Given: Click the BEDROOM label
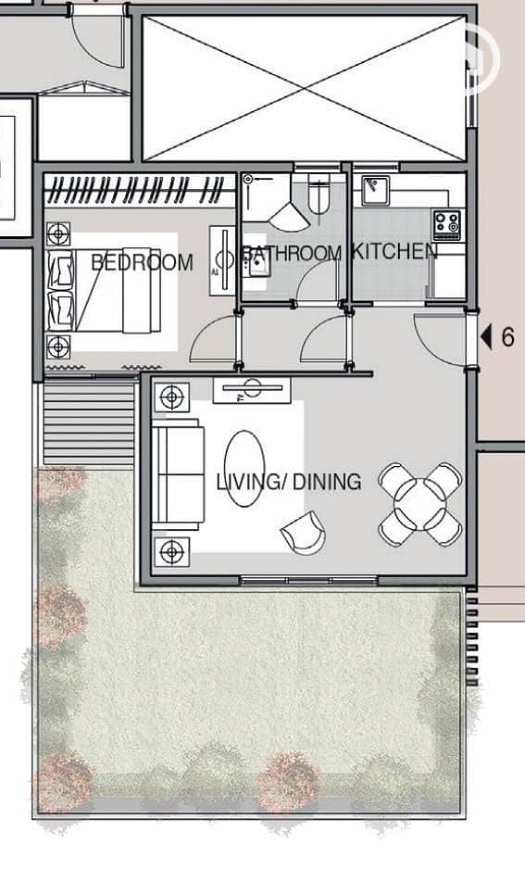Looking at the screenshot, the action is tap(142, 261).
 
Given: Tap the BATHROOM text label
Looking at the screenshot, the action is tap(293, 253).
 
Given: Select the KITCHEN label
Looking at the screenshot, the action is tap(394, 251).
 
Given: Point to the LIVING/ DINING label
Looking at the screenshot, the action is tap(289, 482).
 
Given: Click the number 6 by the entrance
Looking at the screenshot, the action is tap(507, 337).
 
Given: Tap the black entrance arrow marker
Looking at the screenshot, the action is tap(486, 337).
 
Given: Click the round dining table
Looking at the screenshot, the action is tap(419, 504).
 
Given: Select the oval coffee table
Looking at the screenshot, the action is tap(244, 469).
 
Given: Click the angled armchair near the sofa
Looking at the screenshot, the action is tap(304, 532).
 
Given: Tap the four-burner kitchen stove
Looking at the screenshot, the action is tap(447, 224).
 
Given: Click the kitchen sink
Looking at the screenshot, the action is tap(376, 191).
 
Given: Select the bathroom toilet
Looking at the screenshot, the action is tap(319, 194).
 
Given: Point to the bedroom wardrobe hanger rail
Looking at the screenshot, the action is tap(140, 190).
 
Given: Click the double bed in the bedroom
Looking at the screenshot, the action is tap(106, 290).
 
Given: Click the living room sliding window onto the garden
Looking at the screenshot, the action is tap(308, 580).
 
